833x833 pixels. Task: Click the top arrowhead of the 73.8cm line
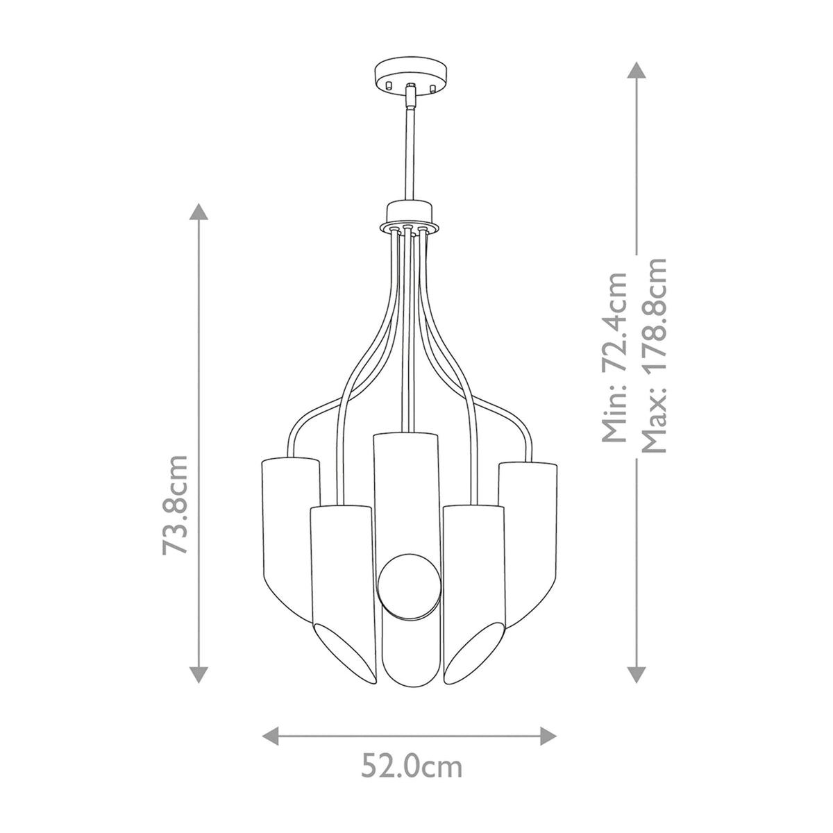[x=199, y=213]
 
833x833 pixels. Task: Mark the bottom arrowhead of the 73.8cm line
[x=199, y=673]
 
